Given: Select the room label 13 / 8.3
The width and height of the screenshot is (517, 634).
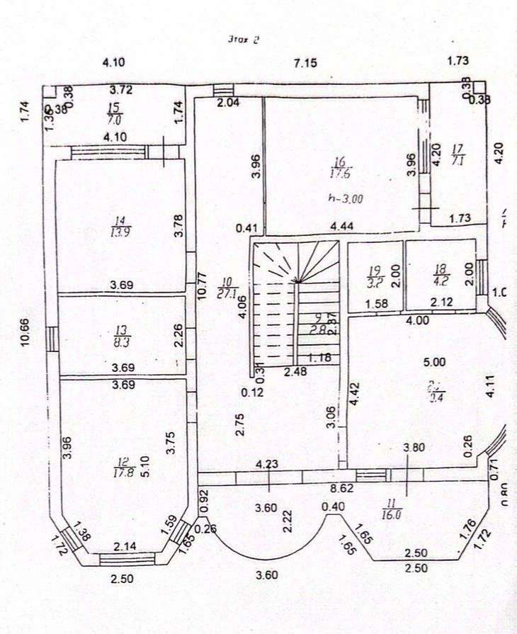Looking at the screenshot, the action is [x=120, y=334].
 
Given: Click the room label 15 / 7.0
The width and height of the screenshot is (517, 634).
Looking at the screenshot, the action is [x=112, y=113].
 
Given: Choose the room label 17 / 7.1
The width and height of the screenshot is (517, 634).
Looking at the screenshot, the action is [x=458, y=155].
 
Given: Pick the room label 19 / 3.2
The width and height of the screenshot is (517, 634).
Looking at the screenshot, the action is [x=375, y=275].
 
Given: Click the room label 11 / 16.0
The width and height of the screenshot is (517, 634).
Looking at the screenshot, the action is [x=390, y=510].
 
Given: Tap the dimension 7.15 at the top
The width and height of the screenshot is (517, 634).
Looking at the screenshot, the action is [x=306, y=63].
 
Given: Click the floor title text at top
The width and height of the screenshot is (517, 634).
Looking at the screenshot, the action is [x=244, y=40].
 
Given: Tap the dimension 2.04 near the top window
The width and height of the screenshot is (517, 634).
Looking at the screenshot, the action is [x=228, y=103].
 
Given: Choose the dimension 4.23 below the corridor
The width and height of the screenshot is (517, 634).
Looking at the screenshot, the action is [x=267, y=465].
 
